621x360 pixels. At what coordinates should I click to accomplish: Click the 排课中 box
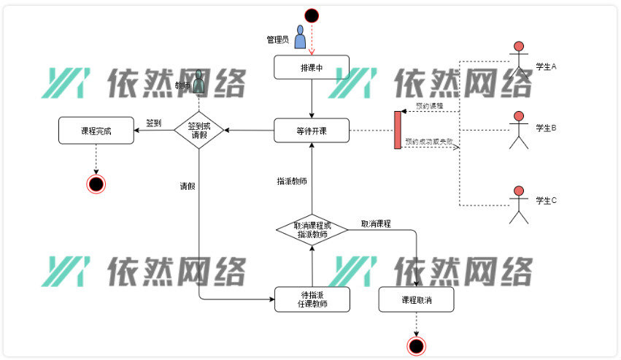tap(312, 68)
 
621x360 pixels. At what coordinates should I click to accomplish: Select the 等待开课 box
tap(312, 131)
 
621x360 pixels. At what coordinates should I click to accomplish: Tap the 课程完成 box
tap(96, 131)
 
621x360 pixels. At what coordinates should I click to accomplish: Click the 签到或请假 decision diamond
tap(199, 130)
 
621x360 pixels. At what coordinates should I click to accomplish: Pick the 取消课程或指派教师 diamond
tap(312, 229)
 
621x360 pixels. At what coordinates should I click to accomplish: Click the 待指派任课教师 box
tap(312, 299)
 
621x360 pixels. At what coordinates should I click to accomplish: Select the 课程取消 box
tap(416, 299)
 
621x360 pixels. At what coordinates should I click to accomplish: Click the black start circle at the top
tap(312, 15)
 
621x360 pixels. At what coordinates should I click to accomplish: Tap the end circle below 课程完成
tap(96, 183)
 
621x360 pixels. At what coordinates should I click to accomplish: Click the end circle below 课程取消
tap(416, 345)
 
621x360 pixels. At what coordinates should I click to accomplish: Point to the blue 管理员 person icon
tap(300, 37)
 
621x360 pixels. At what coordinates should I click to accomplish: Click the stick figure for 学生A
tap(519, 61)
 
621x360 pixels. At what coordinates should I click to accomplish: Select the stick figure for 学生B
tap(519, 130)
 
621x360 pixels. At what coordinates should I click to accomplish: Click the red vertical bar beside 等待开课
tap(398, 130)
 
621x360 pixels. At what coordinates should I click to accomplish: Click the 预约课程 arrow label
tap(429, 106)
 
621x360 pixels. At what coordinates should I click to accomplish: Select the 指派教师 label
tap(292, 181)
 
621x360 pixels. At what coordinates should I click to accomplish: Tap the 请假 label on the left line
tap(188, 185)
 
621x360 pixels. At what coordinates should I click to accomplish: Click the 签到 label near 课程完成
tap(153, 123)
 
